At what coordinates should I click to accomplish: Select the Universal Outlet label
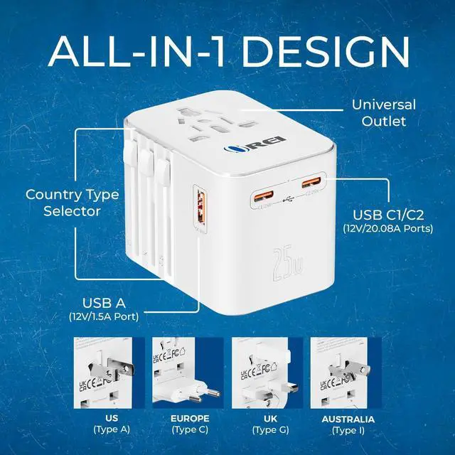384,113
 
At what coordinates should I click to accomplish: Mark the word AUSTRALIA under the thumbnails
343,418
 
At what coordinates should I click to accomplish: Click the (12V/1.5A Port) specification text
104,315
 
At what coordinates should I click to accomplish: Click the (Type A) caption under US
111,431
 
